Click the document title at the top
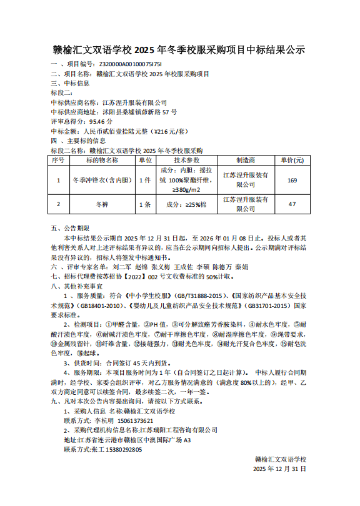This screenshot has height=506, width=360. coord(179,50)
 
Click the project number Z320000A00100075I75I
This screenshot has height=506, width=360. coord(131,64)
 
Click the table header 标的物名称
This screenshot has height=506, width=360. coord(102,160)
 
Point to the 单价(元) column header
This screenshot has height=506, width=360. coord(292,160)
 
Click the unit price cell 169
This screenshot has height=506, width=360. coord(292,180)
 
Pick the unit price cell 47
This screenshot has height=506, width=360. coord(292,204)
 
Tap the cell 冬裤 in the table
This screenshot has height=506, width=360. coord(102,204)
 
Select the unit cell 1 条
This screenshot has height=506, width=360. coord(145,204)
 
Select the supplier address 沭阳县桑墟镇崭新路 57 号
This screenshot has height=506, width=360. coord(139,112)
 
